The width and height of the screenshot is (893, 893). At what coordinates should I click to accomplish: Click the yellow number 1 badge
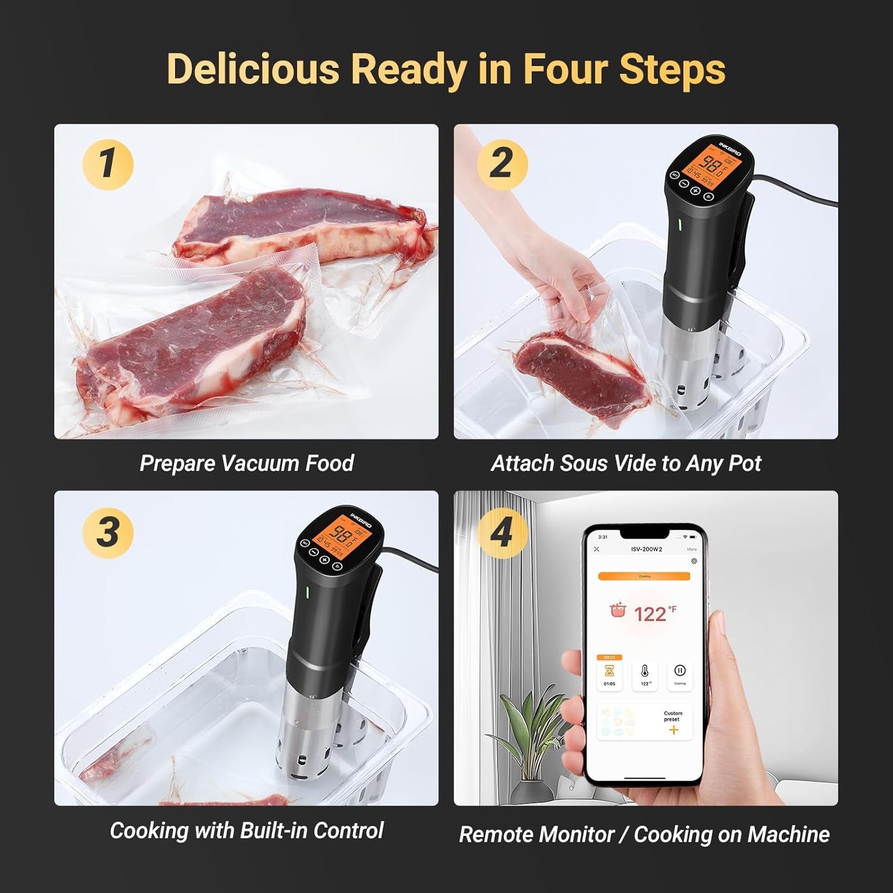tap(108, 164)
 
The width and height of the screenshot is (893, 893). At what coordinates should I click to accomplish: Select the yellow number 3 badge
tap(108, 532)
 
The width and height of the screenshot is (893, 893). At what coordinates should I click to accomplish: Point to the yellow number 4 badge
tap(502, 532)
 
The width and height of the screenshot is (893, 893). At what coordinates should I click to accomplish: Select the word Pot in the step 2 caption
tap(745, 463)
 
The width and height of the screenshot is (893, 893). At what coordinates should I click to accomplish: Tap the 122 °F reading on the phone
tap(650, 614)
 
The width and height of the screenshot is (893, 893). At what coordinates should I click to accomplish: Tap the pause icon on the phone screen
tap(679, 671)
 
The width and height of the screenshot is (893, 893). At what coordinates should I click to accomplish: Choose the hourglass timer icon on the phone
tap(610, 672)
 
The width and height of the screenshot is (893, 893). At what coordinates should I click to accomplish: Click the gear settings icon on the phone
tap(694, 561)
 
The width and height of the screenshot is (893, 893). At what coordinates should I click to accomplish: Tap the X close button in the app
tap(597, 549)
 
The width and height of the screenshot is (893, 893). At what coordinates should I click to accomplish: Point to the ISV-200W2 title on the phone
tap(646, 549)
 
